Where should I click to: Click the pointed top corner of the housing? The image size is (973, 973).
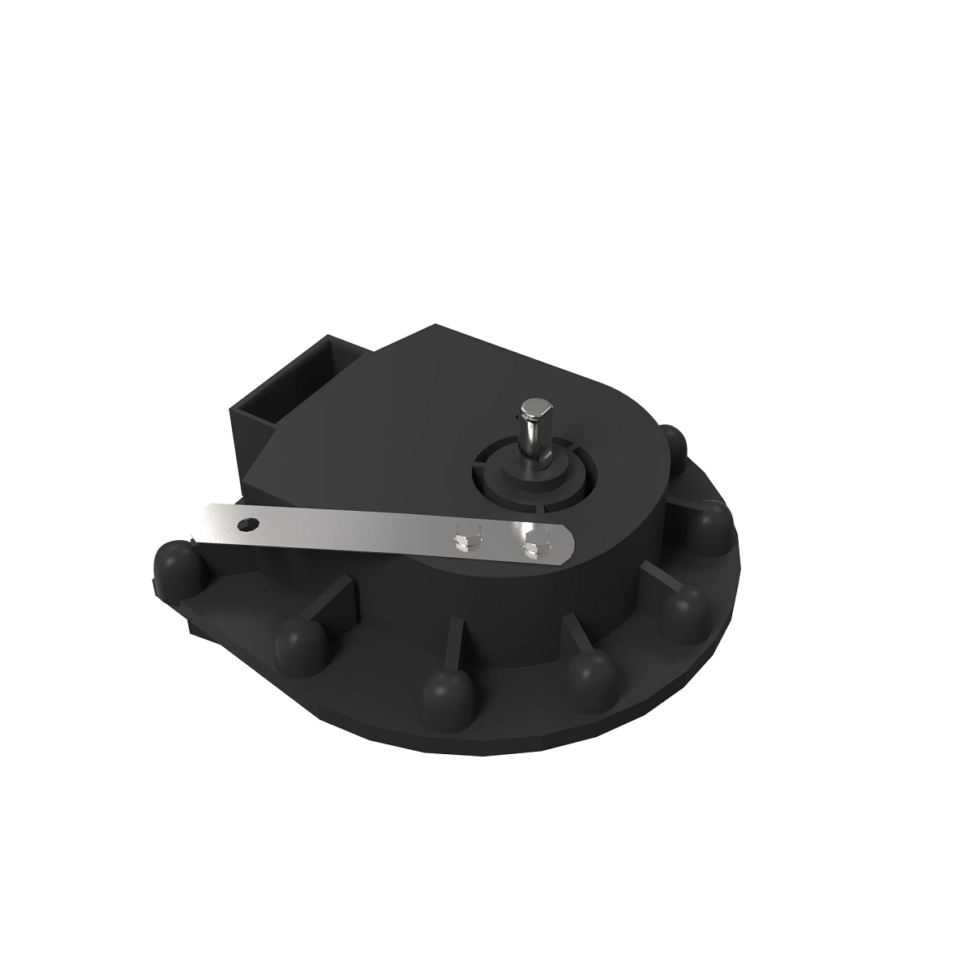tap(438, 328)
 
